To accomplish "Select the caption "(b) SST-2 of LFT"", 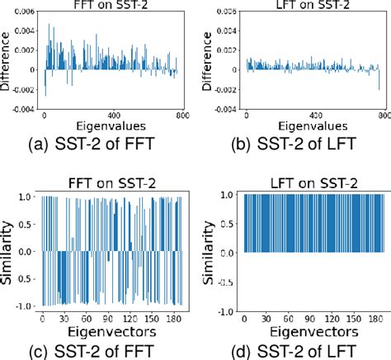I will (294, 147).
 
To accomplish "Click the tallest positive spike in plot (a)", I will (49, 26).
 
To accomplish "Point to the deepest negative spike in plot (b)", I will (379, 88).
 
